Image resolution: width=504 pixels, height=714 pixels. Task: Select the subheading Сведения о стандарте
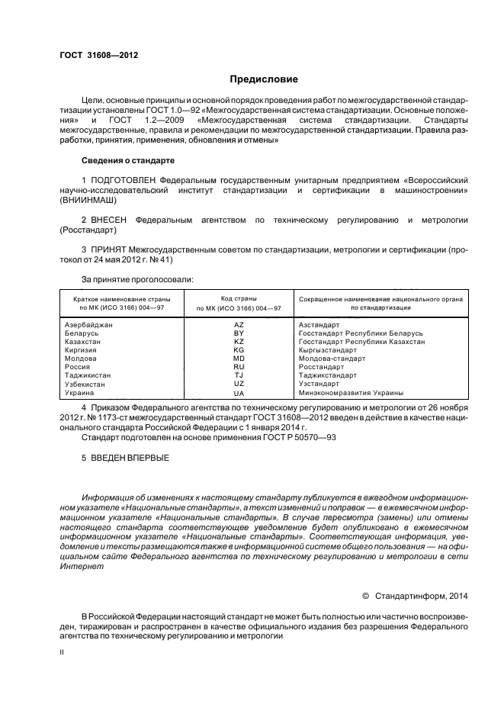tap(128, 161)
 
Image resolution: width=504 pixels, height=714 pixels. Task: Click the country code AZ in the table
tap(239, 325)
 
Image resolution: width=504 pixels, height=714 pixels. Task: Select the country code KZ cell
tap(239, 342)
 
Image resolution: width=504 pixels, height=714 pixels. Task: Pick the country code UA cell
tap(239, 393)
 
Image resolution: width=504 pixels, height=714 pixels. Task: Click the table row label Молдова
tap(81, 359)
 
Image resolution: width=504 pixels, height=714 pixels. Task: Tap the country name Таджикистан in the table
tap(88, 375)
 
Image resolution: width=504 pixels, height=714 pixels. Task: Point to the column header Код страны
tap(238, 298)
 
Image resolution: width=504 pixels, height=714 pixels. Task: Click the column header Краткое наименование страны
tap(121, 298)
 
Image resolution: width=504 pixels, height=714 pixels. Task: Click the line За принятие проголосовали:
tap(137, 279)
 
